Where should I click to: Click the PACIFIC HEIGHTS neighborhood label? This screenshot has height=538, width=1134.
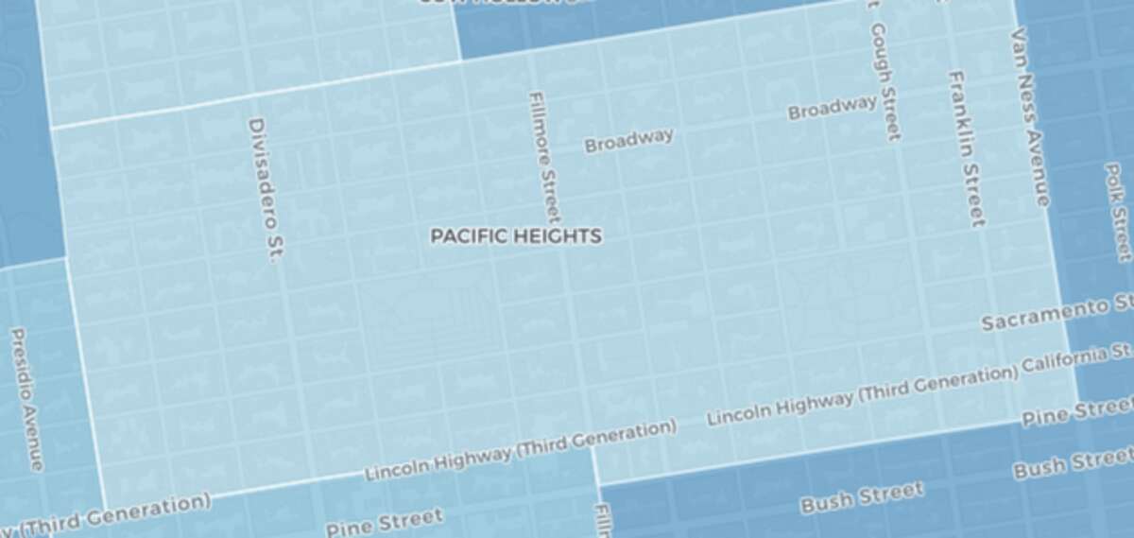coord(516,236)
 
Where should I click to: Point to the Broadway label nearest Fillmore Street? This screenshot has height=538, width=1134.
coord(629,140)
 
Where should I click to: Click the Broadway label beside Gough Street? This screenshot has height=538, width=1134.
coord(833,108)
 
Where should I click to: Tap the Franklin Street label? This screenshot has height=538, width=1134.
coord(967,148)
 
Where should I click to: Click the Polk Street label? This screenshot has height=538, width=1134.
coord(1117,210)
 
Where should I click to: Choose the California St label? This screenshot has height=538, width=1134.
coord(1075,361)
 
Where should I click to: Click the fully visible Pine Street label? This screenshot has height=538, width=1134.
coord(384,522)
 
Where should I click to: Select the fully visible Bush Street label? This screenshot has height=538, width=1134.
coord(862,496)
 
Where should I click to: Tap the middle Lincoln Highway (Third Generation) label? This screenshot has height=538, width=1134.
coord(521,451)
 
